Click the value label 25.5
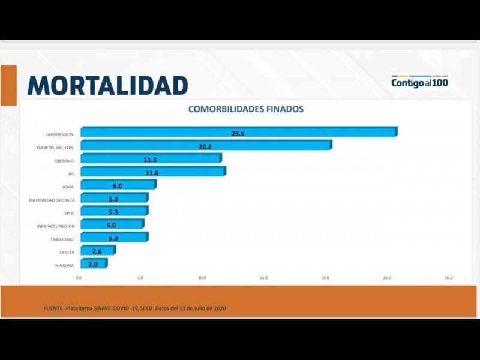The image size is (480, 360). (x=238, y=133)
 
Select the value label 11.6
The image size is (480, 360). (x=151, y=173)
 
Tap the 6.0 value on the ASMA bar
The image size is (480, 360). (x=118, y=186)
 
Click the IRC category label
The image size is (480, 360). (x=71, y=173)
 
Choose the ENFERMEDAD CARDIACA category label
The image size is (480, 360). (x=52, y=200)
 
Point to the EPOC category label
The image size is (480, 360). (x=69, y=213)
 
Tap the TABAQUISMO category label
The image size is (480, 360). (x=62, y=239)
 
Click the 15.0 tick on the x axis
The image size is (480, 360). (x=263, y=278)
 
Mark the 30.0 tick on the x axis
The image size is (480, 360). (x=448, y=278)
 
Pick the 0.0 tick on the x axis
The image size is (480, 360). (x=79, y=278)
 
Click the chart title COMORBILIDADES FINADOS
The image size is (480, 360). (x=245, y=109)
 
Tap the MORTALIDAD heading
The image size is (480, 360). (x=108, y=85)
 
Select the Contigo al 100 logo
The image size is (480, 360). (x=419, y=82)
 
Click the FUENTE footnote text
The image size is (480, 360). (x=135, y=308)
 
